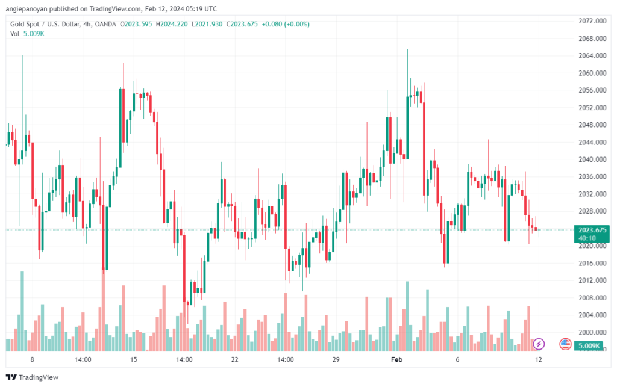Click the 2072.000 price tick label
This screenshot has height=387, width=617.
click(x=591, y=21)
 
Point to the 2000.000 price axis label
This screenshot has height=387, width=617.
click(x=591, y=332)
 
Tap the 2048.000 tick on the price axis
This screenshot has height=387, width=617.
click(x=591, y=125)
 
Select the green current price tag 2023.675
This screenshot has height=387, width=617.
click(x=591, y=230)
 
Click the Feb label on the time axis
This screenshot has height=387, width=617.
click(x=396, y=359)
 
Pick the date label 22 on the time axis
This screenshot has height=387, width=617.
click(x=234, y=359)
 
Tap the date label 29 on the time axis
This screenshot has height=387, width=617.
click(x=336, y=359)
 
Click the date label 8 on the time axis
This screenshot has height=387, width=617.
click(x=32, y=359)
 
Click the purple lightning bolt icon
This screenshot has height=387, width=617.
click(x=539, y=344)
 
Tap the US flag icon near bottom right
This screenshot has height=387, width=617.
click(x=565, y=344)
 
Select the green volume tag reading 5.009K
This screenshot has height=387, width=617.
click(x=587, y=346)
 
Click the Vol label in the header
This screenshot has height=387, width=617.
click(x=14, y=34)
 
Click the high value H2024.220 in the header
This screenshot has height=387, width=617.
click(x=171, y=24)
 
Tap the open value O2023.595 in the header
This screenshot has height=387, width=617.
click(x=136, y=24)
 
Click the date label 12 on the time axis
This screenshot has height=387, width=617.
click(x=539, y=359)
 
